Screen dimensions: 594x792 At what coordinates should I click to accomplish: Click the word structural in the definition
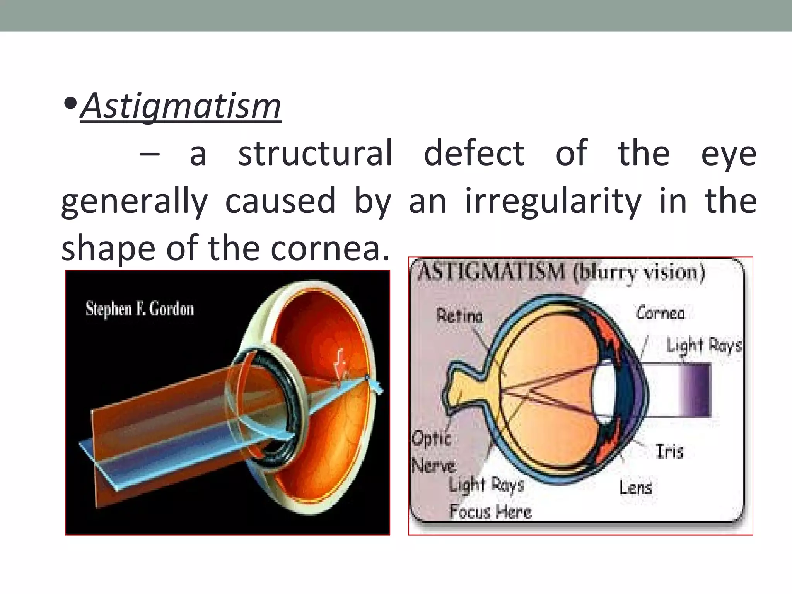(315, 153)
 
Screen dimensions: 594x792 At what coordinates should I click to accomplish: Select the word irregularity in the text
(553, 201)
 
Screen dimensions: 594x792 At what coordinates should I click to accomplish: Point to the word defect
(475, 153)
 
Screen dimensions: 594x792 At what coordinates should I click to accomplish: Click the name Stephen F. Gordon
(140, 309)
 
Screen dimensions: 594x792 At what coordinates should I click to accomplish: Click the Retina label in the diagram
(460, 316)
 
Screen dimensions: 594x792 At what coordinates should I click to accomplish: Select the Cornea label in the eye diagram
(661, 313)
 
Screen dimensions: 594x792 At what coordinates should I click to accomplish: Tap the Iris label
(669, 451)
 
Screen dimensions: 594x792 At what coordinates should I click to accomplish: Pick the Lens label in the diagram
(635, 487)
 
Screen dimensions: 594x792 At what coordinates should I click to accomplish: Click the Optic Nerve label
(433, 452)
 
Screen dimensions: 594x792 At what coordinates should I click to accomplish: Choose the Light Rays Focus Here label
(490, 499)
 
